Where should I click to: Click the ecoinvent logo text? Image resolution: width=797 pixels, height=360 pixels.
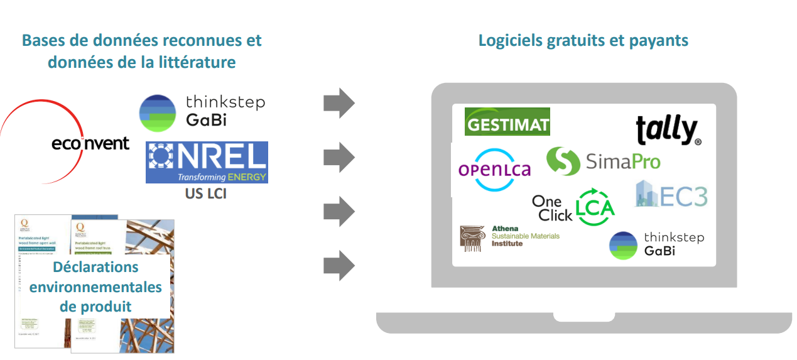(90, 143)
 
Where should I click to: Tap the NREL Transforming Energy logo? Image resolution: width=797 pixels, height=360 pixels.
(207, 162)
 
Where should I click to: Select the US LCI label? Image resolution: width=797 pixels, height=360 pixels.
(205, 194)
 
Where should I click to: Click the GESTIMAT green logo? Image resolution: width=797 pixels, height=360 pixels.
(507, 122)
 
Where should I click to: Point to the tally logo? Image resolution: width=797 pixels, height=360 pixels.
(667, 130)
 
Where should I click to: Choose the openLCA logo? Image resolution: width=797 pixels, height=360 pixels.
(495, 169)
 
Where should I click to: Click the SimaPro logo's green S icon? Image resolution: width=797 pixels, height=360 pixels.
(562, 161)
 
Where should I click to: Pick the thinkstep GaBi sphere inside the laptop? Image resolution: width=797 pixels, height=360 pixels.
(623, 245)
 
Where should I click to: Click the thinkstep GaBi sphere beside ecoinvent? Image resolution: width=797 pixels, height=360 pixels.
(157, 113)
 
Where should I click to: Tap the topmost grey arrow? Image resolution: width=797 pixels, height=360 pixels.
(339, 103)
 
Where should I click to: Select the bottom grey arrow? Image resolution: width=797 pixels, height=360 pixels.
(339, 265)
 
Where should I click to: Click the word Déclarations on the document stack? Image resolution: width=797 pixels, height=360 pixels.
(95, 267)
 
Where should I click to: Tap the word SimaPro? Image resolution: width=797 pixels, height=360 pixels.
(623, 162)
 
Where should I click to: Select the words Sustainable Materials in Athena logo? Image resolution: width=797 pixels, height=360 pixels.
(525, 236)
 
